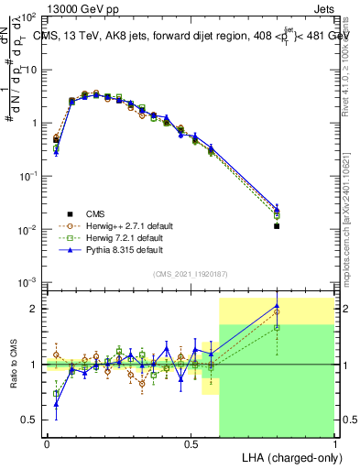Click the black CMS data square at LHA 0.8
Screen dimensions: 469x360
pyautogui.click(x=277, y=225)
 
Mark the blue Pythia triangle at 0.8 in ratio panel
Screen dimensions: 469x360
pyautogui.click(x=277, y=306)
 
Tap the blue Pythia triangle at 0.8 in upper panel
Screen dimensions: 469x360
pyautogui.click(x=277, y=209)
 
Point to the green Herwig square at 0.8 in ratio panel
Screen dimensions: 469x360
pyautogui.click(x=277, y=327)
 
